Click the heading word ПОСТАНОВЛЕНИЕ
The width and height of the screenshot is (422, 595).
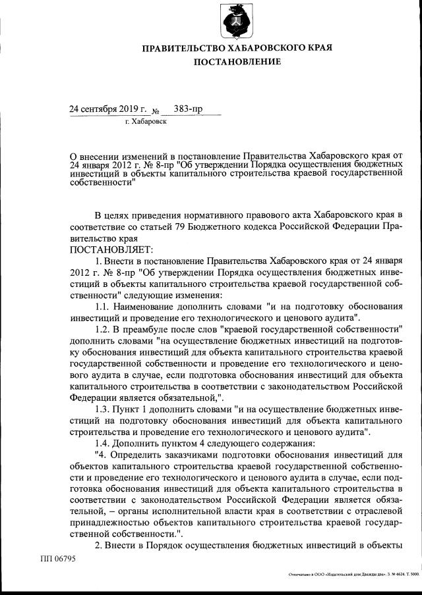coord(237,62)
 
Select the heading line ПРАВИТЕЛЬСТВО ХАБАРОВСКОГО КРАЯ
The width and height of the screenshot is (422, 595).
coord(237,48)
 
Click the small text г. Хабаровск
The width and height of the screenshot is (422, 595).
coord(146,122)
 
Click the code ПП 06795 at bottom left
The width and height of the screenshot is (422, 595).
coord(58,559)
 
